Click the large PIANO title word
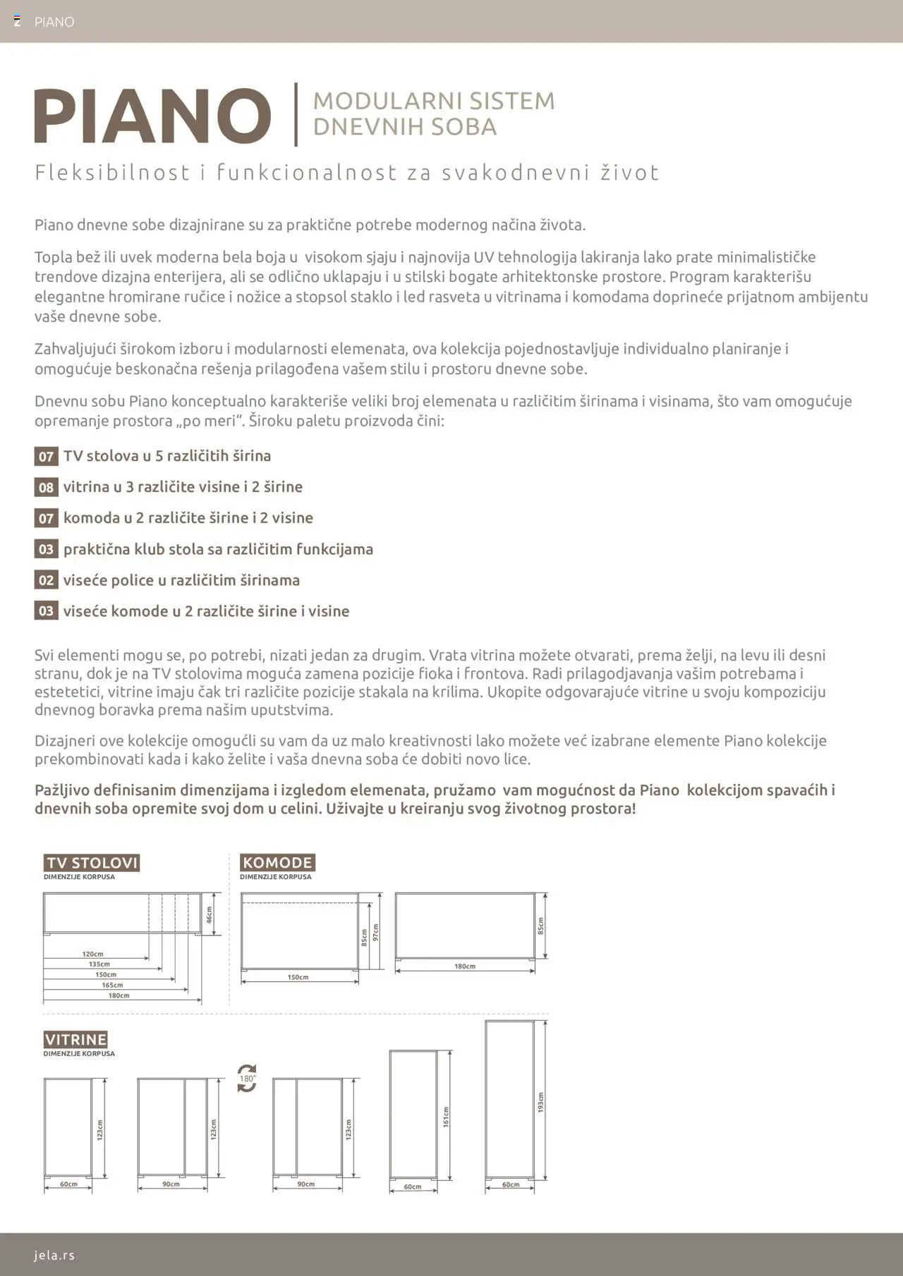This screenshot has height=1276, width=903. pyautogui.click(x=152, y=116)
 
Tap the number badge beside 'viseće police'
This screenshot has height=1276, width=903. pyautogui.click(x=46, y=580)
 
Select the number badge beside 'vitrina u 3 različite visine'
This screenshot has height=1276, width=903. pyautogui.click(x=46, y=487)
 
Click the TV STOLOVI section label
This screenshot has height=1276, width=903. pyautogui.click(x=92, y=863)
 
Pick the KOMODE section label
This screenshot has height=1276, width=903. pyautogui.click(x=277, y=863)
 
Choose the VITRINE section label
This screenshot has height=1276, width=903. pyautogui.click(x=75, y=1040)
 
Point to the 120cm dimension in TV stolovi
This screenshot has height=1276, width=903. pyautogui.click(x=92, y=954)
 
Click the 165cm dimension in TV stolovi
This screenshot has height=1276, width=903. pyautogui.click(x=112, y=985)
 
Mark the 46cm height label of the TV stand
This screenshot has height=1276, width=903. pyautogui.click(x=209, y=914)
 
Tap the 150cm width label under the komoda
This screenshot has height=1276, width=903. pyautogui.click(x=298, y=977)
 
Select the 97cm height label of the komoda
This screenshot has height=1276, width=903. pyautogui.click(x=376, y=932)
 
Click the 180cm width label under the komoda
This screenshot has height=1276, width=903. pyautogui.click(x=464, y=967)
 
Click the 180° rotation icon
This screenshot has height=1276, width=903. pyautogui.click(x=247, y=1079)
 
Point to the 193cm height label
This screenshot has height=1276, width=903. pyautogui.click(x=541, y=1103)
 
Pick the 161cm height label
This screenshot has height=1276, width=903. pyautogui.click(x=446, y=1117)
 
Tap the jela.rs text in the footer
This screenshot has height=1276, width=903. pyautogui.click(x=54, y=1255)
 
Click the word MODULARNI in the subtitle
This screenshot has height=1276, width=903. pyautogui.click(x=374, y=101)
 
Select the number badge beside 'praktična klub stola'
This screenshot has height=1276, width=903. pyautogui.click(x=46, y=549)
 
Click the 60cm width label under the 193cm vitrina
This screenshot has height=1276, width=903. pyautogui.click(x=510, y=1184)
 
